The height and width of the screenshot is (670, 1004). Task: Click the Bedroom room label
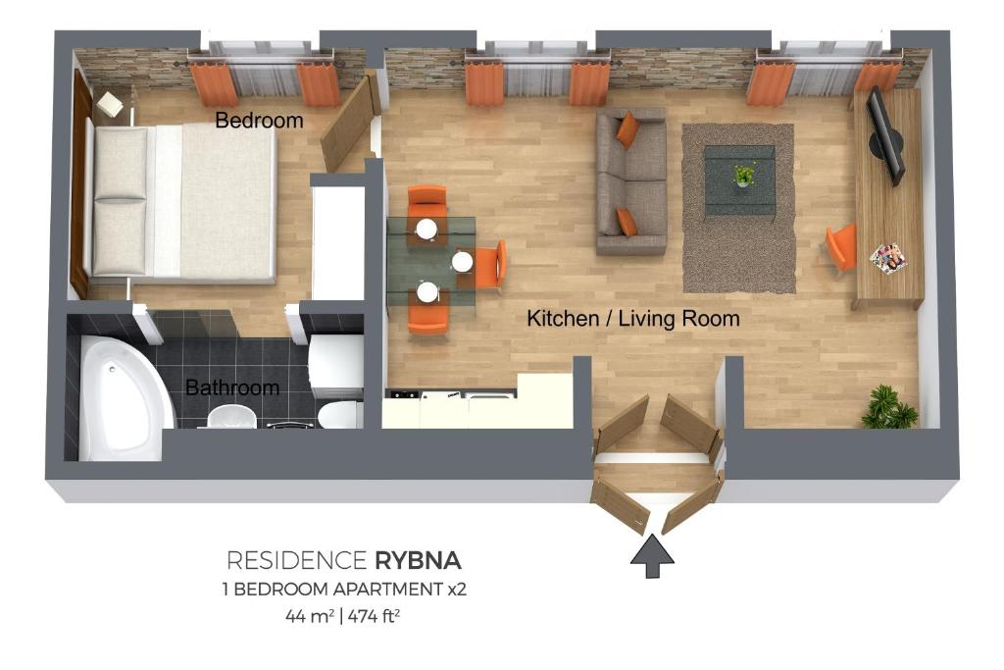259,121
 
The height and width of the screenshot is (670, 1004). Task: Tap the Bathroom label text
232,387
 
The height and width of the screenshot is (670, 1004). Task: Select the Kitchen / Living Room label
632,319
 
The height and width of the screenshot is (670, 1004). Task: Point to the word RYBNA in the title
417,561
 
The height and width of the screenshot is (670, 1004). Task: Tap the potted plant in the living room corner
888,407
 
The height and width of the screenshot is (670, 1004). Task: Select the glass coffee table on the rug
740,180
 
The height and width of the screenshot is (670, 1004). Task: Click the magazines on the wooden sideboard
887,257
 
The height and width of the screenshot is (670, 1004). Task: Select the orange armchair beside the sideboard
841,246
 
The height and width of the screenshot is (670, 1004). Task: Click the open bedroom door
348,122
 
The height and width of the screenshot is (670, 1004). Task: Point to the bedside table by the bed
109,103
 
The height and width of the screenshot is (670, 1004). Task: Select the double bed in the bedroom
181,201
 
